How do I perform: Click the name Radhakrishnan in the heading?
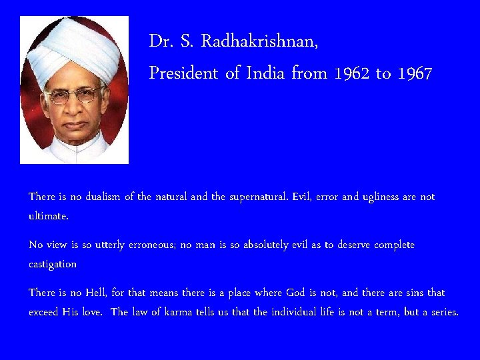point(259,41)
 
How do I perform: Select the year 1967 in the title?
point(415,73)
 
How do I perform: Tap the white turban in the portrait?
point(73,47)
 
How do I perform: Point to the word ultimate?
point(48,216)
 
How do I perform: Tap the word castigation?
point(53,264)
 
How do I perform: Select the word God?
point(295,293)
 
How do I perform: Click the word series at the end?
point(443,312)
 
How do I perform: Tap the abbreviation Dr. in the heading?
point(161,41)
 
